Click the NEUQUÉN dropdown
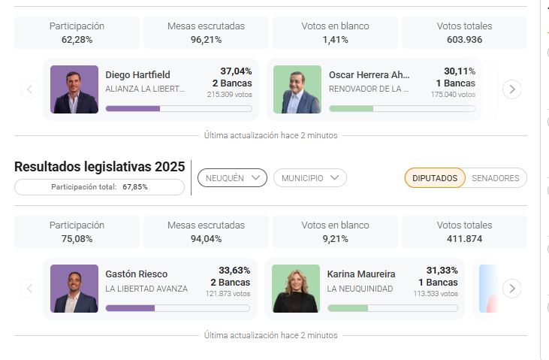pos(232,178)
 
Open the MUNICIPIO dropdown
pos(309,178)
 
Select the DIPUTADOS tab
pos(434,178)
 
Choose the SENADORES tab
pos(495,178)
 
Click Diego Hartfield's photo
pos(74,89)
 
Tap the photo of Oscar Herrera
pos(297,89)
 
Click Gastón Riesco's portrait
pos(74,289)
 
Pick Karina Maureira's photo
pos(296,289)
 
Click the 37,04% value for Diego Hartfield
pos(236,71)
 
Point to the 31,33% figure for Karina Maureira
pos(442,271)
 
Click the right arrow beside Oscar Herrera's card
pos(511,89)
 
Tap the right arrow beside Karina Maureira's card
pos(511,289)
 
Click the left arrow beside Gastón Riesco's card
pos(29,289)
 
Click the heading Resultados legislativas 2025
pos(99,167)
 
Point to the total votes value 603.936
pos(464,40)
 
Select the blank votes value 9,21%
pos(335,239)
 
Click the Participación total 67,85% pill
pos(99,186)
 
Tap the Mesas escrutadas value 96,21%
pos(206,40)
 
